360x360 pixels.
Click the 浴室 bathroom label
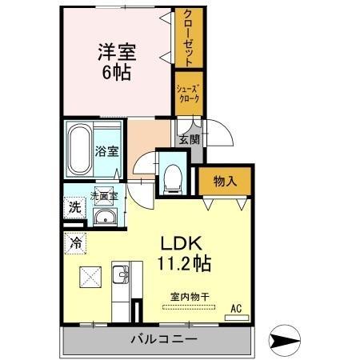pyautogui.click(x=107, y=150)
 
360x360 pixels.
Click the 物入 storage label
pyautogui.click(x=225, y=182)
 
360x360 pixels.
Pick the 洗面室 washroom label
pyautogui.click(x=103, y=194)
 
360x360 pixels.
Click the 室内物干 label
pyautogui.click(x=189, y=297)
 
